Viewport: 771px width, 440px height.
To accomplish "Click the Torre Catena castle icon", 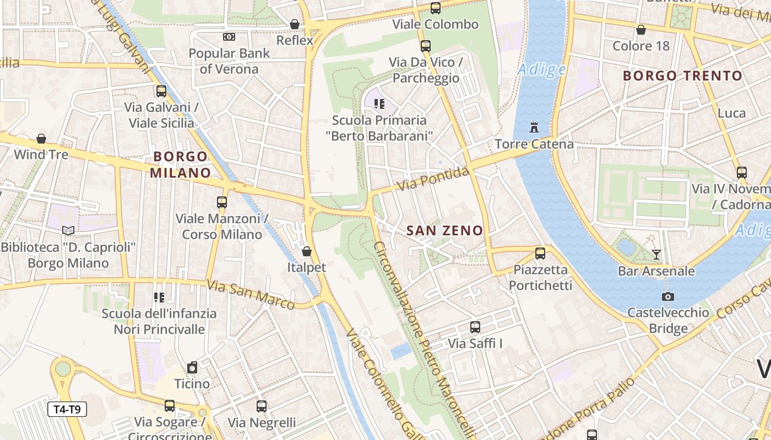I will coord(533,128).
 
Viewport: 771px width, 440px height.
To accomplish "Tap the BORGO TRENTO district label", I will coord(682,76).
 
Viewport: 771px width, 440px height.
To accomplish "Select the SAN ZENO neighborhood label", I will coord(444,231).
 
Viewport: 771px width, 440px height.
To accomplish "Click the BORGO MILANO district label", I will coord(181,164).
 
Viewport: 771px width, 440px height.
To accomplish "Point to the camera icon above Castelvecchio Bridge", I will coord(667,296).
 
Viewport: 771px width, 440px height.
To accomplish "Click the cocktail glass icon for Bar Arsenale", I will coord(656,254).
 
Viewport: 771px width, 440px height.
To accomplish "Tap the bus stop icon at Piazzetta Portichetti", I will coord(540,254).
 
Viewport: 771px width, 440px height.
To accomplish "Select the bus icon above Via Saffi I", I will coord(475,327).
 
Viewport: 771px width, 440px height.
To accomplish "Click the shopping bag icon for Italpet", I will coord(307,251).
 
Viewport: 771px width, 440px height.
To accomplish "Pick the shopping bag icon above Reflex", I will coord(295,24).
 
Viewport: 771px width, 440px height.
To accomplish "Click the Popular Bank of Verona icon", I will coord(229,37).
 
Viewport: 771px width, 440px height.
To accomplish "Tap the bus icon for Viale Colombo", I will coord(435,8).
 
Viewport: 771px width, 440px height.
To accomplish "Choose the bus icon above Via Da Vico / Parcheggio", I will coord(425,46).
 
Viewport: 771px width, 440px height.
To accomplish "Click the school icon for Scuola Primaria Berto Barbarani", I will coord(378,103).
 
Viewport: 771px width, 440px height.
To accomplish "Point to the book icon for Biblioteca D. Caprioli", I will coord(68,230).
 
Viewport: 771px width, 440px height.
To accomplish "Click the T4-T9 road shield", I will coord(67,409).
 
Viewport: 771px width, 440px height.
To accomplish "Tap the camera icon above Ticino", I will coord(192,367).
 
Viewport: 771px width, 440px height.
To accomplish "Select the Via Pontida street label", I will coord(433,179).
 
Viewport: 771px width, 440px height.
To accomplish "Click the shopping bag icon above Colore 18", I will coord(640,30).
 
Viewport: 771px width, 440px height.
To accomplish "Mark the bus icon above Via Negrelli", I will coord(262,406).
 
